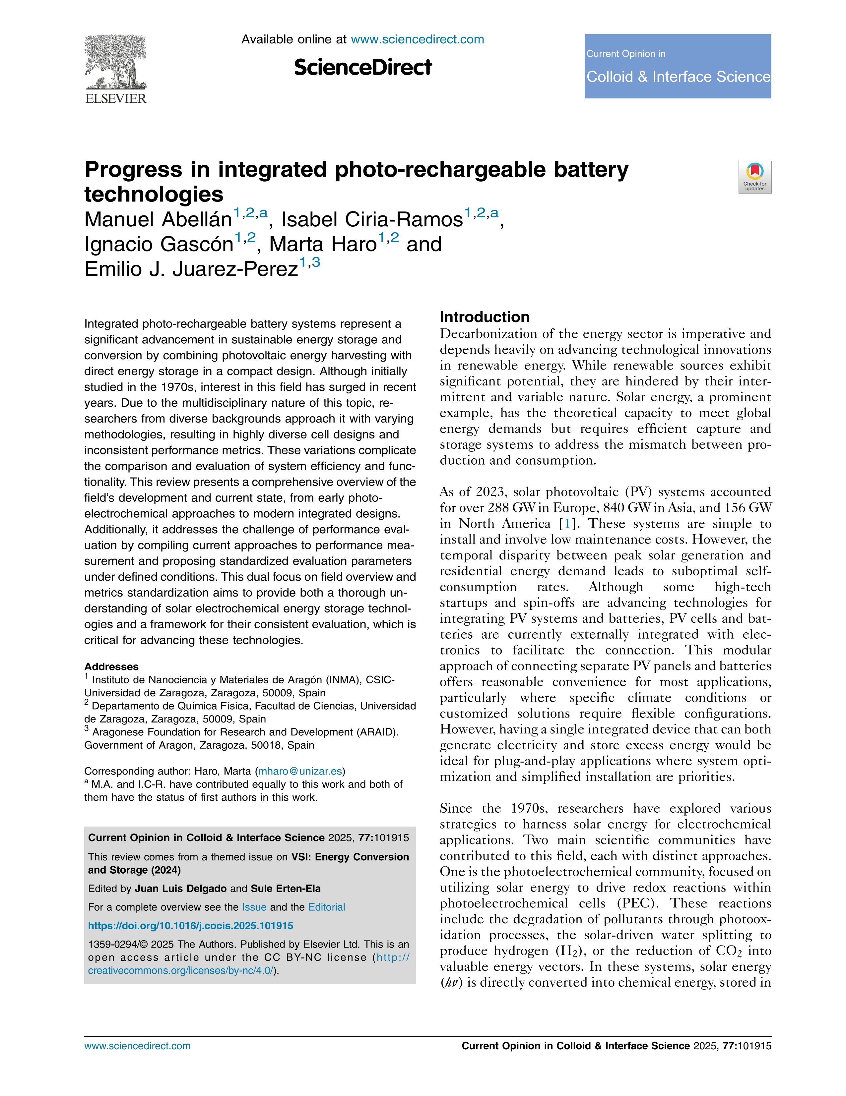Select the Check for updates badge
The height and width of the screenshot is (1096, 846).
tap(754, 177)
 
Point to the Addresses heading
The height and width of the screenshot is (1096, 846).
tap(111, 666)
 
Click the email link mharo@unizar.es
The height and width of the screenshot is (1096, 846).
tap(300, 771)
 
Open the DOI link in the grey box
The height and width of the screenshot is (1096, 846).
tap(190, 926)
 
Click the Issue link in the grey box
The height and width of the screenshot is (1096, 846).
tap(254, 907)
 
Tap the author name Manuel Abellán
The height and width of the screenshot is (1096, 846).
tap(158, 220)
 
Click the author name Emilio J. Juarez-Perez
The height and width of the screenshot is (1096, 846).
tap(191, 269)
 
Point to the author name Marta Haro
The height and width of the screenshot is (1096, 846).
tap(323, 244)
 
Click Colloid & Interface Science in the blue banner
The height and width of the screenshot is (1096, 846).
tap(678, 77)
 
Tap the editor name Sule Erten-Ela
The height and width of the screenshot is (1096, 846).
tap(286, 889)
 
